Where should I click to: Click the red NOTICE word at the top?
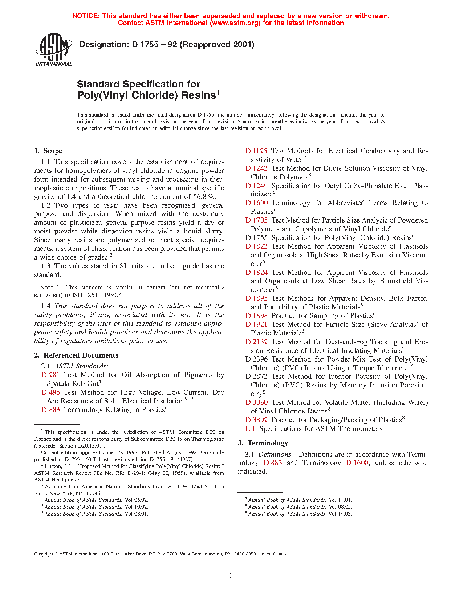86,16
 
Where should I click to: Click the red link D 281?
50,375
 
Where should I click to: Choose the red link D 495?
50,392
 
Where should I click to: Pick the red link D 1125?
256,151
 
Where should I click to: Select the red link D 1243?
256,168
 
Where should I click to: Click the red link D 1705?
256,220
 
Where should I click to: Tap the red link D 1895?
256,298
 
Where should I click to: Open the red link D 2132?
256,342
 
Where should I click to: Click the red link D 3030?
256,403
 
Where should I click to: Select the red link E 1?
250,429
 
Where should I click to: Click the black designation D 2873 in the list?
256,376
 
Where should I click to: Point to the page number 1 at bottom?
231,575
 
